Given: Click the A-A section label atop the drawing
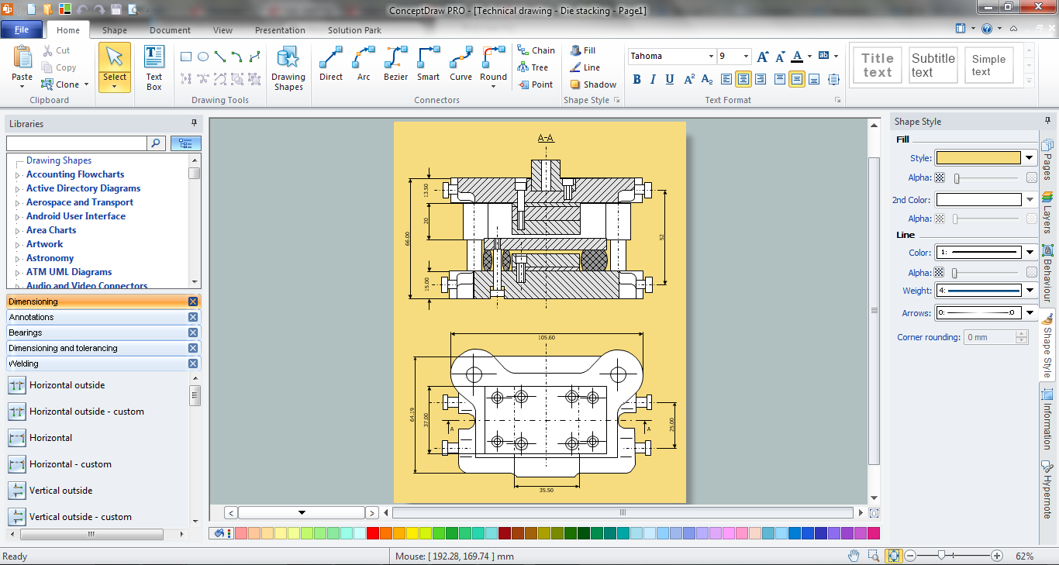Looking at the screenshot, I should click(546, 138).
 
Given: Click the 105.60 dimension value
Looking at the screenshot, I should click(546, 338).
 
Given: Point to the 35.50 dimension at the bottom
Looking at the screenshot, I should click(546, 490).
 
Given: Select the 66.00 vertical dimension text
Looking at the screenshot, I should click(408, 239).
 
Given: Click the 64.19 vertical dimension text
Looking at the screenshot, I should click(413, 416).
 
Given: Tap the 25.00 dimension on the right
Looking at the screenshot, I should click(672, 425).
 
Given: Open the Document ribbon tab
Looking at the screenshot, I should click(170, 30).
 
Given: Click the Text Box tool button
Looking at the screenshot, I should click(154, 68).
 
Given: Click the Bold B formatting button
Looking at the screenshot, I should click(637, 79).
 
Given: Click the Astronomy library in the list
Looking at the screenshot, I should click(50, 258).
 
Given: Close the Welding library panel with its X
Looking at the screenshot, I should click(193, 363).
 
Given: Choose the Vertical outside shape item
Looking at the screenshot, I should click(60, 491).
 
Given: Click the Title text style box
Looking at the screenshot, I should click(878, 65).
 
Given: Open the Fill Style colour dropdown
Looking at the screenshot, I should click(1030, 158).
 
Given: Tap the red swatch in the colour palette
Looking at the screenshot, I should click(373, 533).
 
